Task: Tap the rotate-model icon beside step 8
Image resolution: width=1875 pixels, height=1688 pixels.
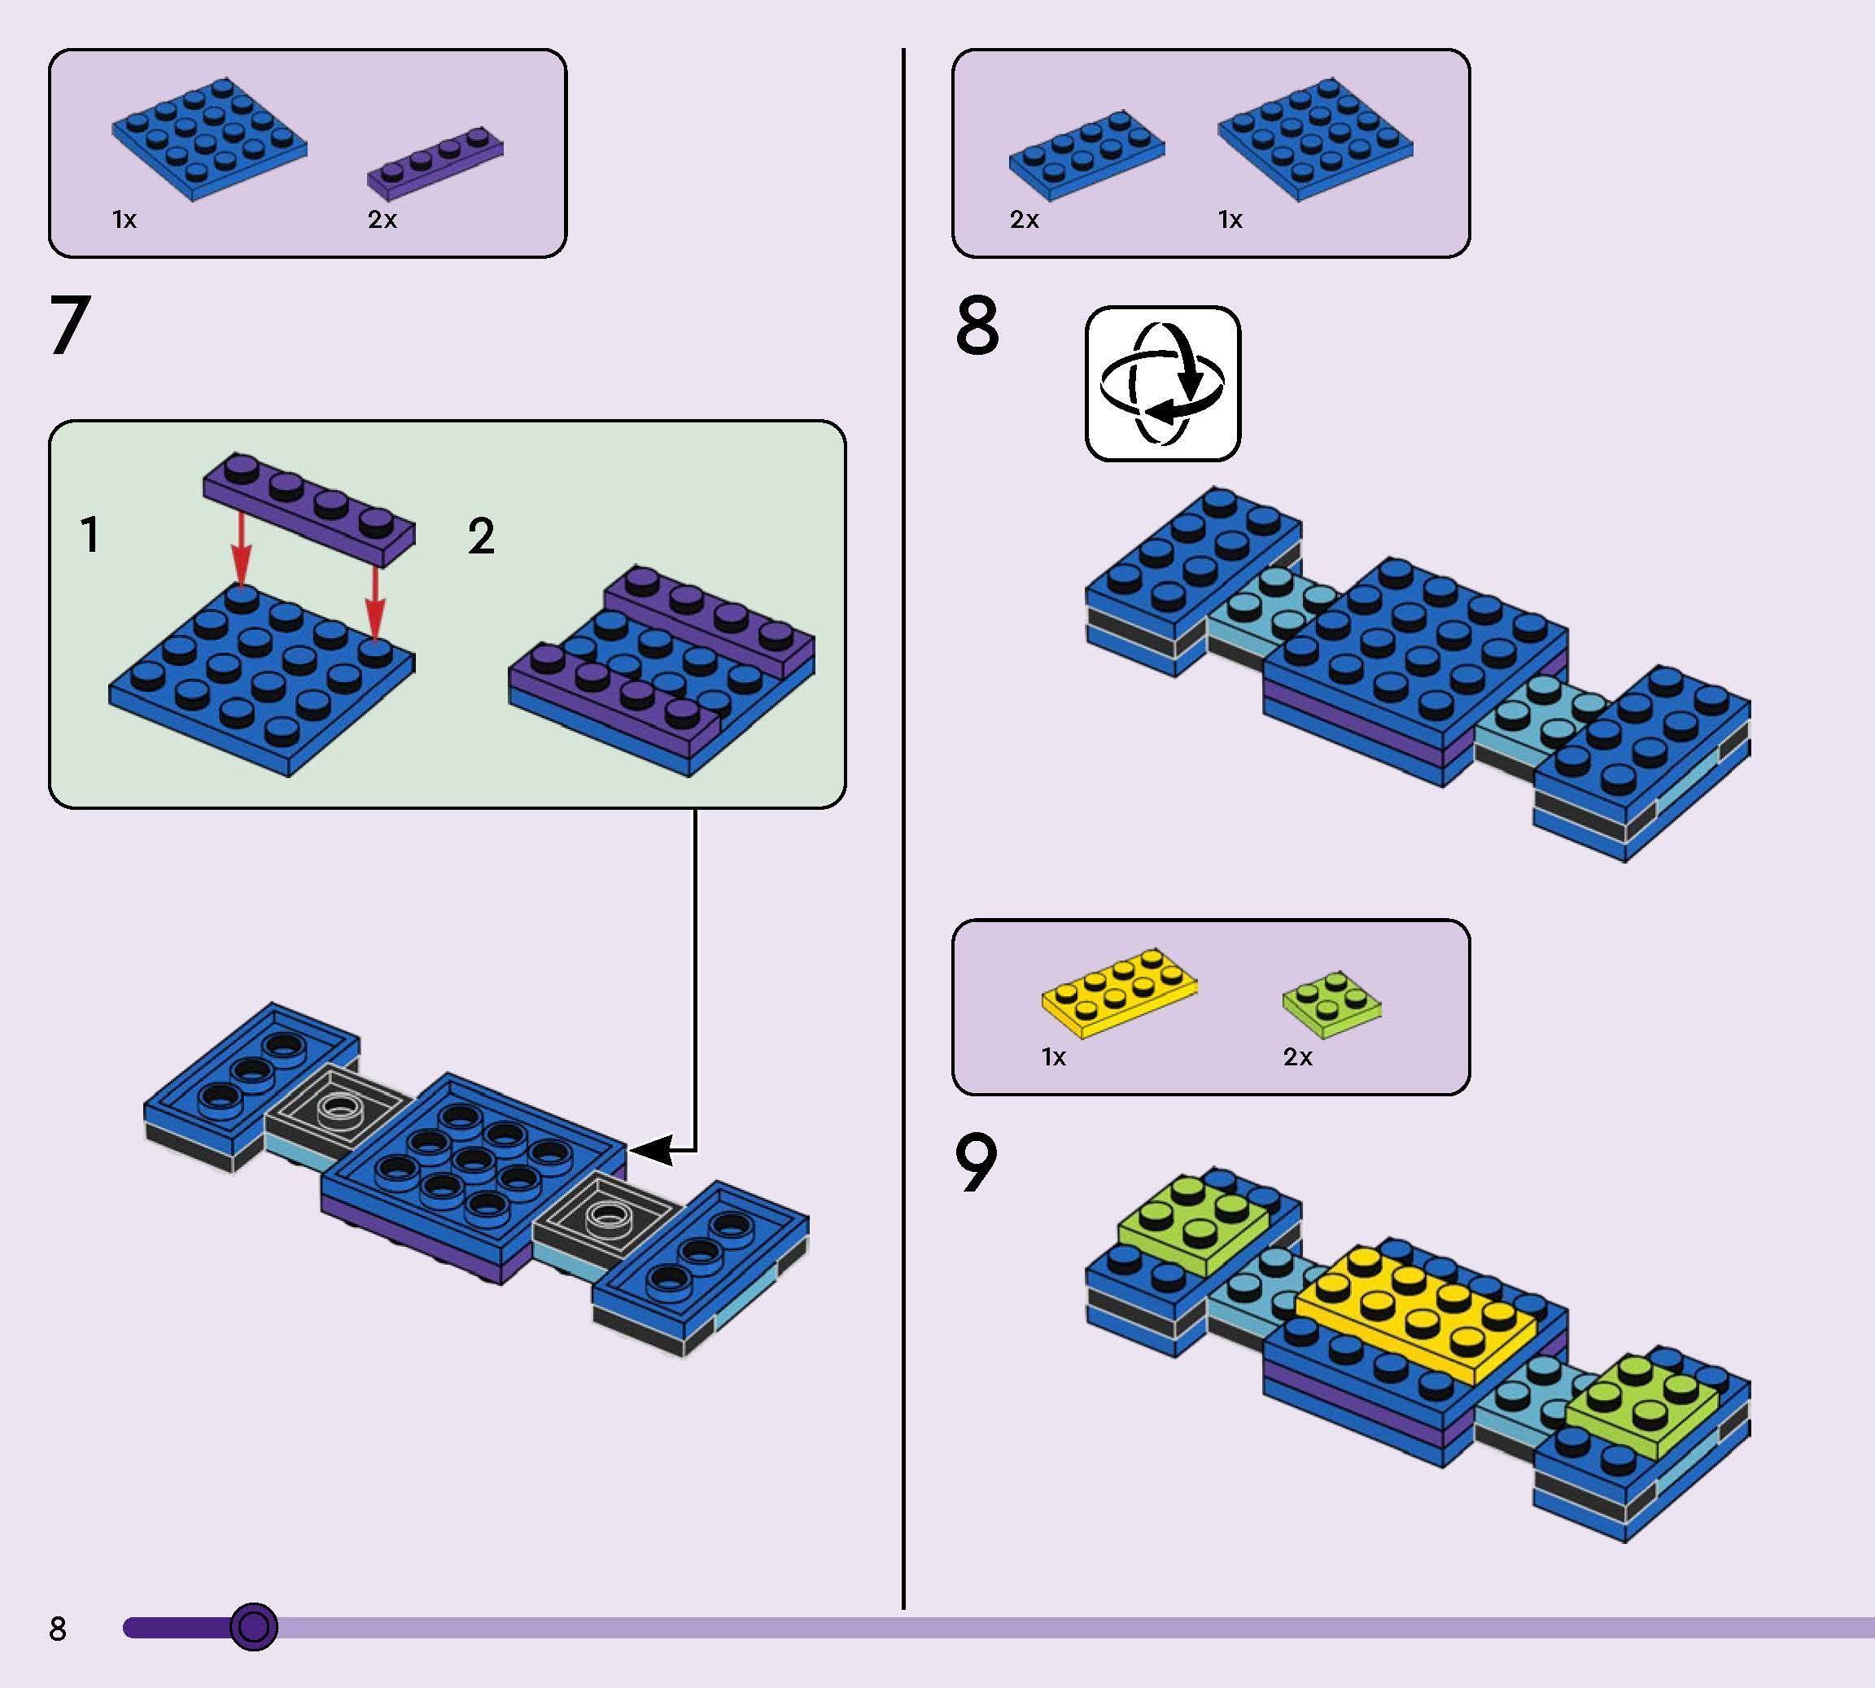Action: tap(1163, 383)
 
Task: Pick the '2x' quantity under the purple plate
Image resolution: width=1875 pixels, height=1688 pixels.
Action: tap(382, 220)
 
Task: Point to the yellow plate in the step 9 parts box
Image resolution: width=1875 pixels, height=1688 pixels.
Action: tap(1119, 992)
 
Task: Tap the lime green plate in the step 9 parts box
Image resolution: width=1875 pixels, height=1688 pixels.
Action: tap(1331, 1004)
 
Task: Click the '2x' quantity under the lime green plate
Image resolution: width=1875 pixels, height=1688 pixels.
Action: tap(1297, 1057)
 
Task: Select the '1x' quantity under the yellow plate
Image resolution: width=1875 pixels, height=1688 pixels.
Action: tap(1053, 1057)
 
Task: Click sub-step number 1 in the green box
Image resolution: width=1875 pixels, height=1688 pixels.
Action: tap(90, 536)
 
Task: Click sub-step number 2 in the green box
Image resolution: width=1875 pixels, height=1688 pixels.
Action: tap(481, 536)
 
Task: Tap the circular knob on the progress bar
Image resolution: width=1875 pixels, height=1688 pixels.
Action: tap(253, 1626)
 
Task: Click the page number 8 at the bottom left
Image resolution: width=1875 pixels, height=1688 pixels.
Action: tap(58, 1628)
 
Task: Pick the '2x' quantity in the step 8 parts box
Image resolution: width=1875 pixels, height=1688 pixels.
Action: tap(1024, 220)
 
